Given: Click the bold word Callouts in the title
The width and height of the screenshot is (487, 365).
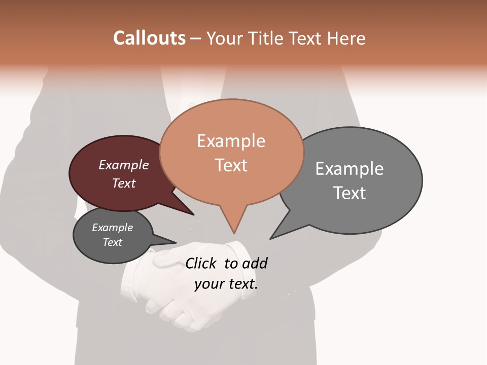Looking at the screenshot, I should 149,38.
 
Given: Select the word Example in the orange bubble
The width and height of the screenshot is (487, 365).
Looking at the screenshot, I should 231,141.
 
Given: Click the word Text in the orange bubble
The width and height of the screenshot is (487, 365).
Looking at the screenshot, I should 231,165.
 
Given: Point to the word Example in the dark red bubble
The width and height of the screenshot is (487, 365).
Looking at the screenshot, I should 124,165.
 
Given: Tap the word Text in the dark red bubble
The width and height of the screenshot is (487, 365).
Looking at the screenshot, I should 124,183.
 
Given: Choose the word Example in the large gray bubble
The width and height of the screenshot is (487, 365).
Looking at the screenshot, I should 350,169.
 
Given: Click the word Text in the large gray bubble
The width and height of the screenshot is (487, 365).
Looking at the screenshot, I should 350,193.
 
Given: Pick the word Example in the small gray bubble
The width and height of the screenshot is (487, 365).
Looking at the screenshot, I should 112,228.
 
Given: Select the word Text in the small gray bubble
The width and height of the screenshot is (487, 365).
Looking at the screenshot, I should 112,242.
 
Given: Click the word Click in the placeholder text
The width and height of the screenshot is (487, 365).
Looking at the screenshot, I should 201,264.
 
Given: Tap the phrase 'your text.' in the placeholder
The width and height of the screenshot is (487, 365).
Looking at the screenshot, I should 226,284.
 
